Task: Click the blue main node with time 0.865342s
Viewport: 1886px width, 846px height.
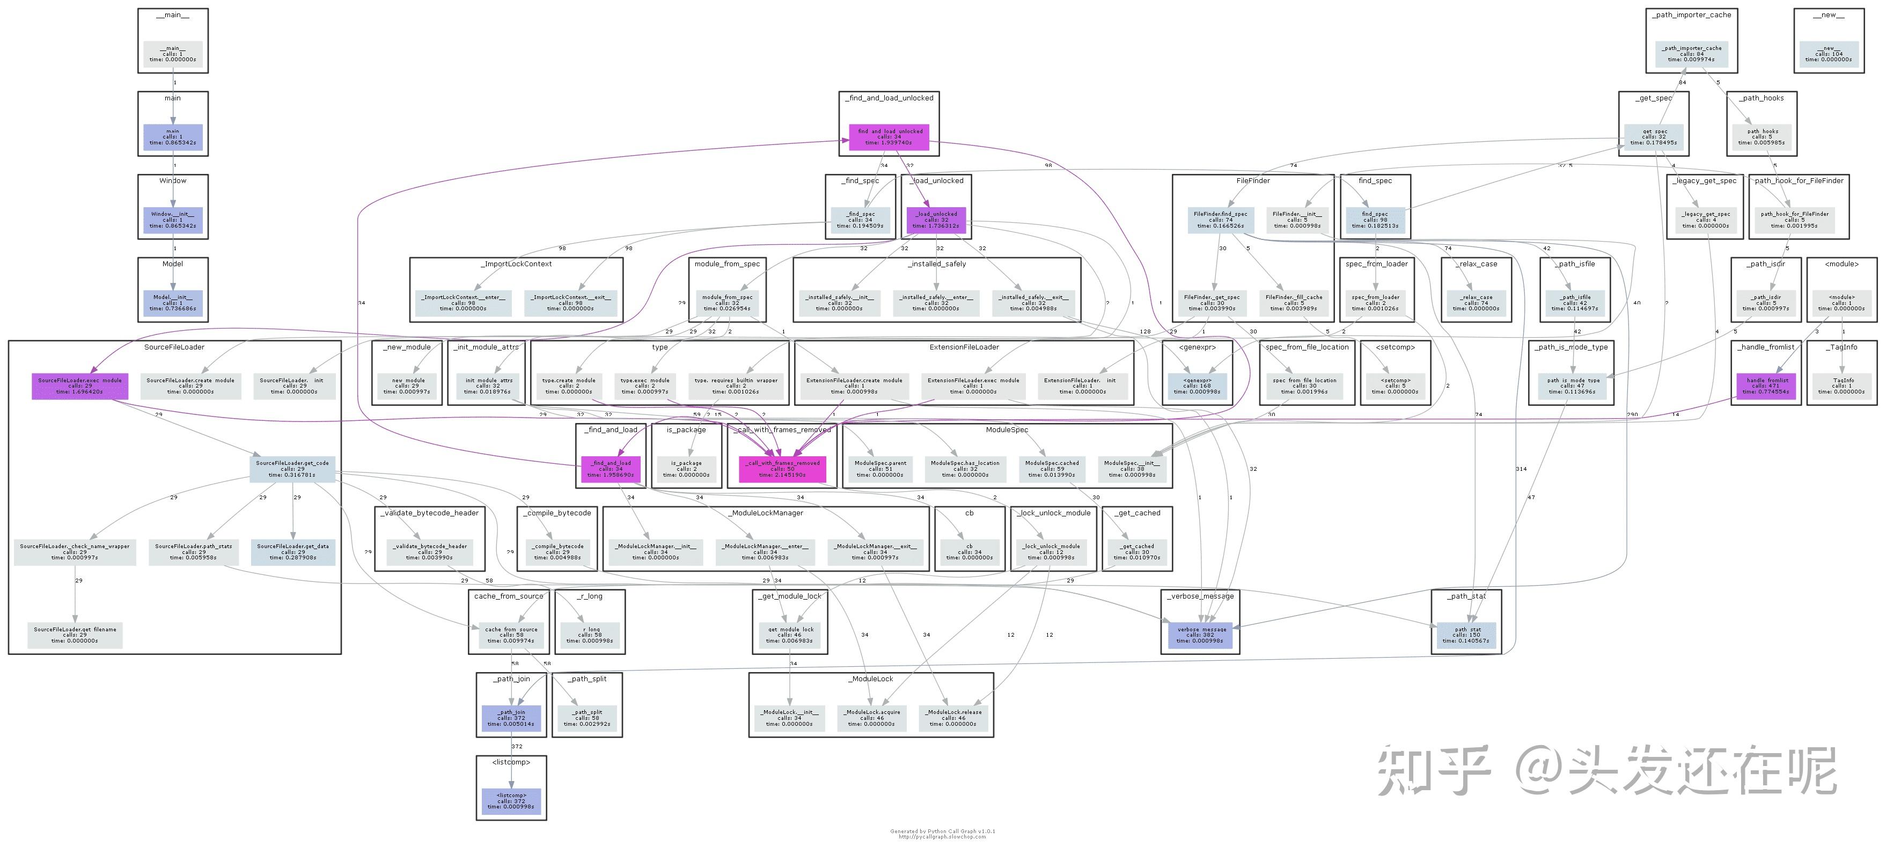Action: pyautogui.click(x=173, y=137)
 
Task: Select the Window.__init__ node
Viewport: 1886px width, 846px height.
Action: pyautogui.click(x=173, y=220)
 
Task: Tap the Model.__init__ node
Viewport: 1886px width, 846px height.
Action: pyautogui.click(x=173, y=303)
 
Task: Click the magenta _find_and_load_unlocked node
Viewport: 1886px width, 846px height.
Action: pyautogui.click(x=889, y=137)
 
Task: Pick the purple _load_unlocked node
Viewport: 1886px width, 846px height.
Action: pyautogui.click(x=936, y=220)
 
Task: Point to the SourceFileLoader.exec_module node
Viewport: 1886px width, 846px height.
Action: pyautogui.click(x=80, y=386)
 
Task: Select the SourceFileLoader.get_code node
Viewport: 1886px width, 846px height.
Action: pyautogui.click(x=292, y=469)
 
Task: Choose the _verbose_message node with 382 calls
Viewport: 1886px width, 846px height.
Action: pyautogui.click(x=1201, y=635)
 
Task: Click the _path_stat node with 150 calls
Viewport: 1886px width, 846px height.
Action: pyautogui.click(x=1466, y=635)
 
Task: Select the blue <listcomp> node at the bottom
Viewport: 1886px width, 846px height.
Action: pyautogui.click(x=511, y=800)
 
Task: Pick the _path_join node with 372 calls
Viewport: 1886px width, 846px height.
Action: pyautogui.click(x=511, y=718)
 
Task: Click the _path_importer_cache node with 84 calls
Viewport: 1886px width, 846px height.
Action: pyautogui.click(x=1691, y=54)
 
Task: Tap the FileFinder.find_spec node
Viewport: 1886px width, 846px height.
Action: pyautogui.click(x=1221, y=220)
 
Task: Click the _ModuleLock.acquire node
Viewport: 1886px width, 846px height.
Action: pyautogui.click(x=871, y=718)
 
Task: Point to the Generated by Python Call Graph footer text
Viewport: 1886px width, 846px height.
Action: pyautogui.click(x=942, y=832)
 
